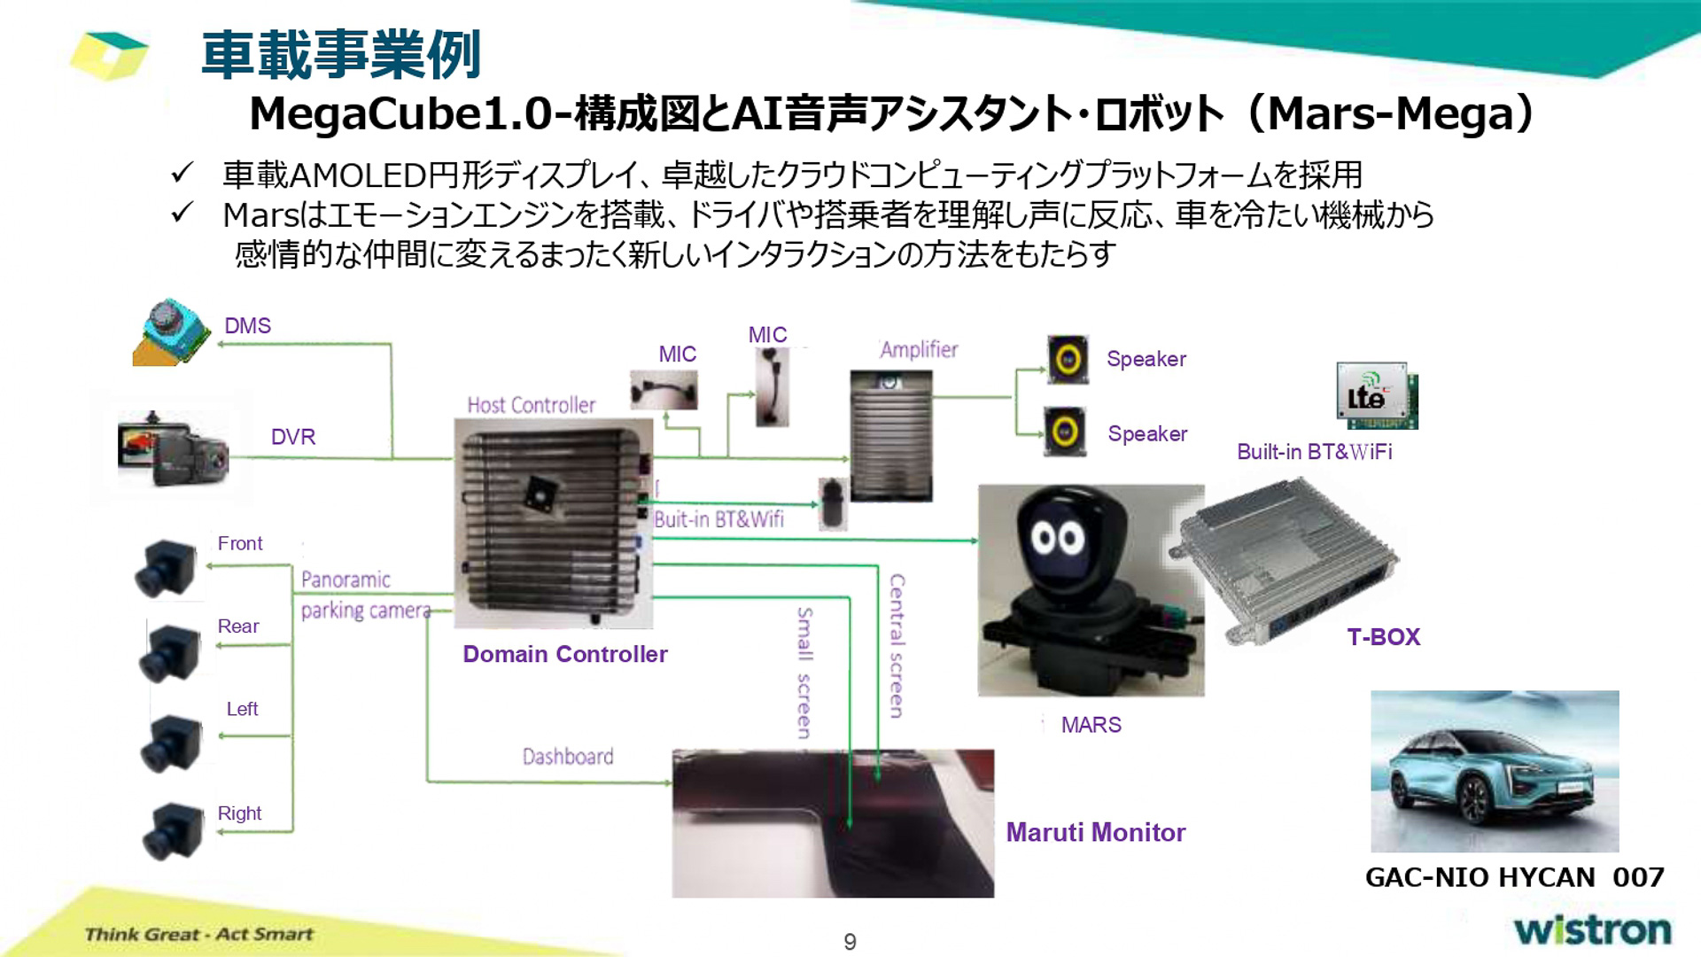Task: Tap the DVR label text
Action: (293, 437)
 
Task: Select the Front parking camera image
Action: (167, 567)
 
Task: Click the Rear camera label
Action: (238, 626)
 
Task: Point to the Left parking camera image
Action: (171, 743)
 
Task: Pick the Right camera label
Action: (239, 813)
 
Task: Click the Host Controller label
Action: (532, 406)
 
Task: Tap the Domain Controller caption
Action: (565, 654)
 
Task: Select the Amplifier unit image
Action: (891, 435)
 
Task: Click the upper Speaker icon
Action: (1068, 359)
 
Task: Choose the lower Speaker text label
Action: (1147, 434)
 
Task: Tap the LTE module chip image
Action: (1377, 395)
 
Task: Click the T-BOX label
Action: (1383, 637)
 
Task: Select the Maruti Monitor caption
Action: (1096, 833)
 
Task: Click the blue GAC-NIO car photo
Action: (1495, 771)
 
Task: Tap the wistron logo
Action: (1592, 930)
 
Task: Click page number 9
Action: (850, 942)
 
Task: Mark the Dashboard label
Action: (568, 757)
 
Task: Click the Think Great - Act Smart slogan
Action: (199, 934)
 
